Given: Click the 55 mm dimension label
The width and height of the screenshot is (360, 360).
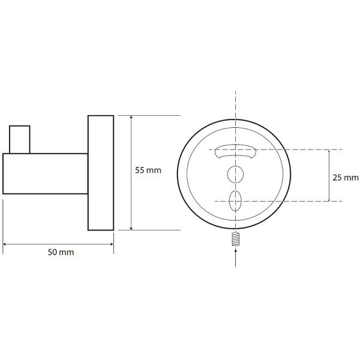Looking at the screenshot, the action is (148, 170).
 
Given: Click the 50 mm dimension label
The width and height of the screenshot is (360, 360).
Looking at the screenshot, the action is (61, 252).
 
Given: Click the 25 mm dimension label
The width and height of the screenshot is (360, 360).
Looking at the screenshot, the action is (346, 178).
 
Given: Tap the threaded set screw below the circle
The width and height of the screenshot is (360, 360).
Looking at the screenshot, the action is (236, 239).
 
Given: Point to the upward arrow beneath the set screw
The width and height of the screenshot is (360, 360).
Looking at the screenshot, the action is (236, 257).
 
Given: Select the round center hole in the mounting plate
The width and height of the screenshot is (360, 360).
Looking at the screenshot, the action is (235, 174).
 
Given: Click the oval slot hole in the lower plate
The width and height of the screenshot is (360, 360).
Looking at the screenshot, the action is (235, 200).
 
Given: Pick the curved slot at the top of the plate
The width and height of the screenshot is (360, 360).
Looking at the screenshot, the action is (235, 151).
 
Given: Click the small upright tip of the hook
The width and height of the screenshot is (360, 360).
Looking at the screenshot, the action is (20, 139).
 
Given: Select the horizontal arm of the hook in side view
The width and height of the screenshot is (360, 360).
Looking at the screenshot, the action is (45, 173).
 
